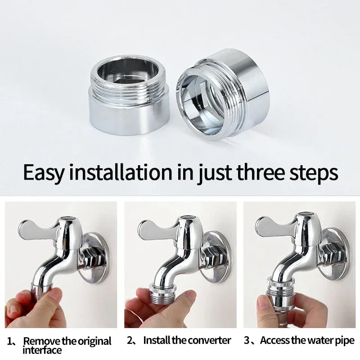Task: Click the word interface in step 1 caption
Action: click(x=42, y=350)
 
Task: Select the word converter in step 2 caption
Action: click(x=207, y=340)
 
